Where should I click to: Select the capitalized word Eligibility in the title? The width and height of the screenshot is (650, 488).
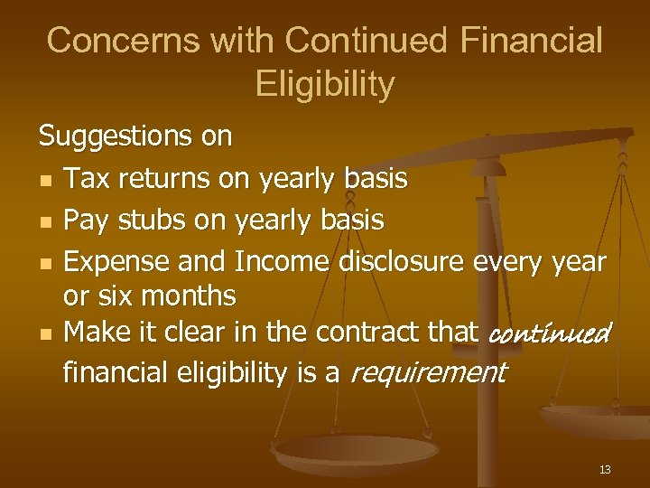[325, 84]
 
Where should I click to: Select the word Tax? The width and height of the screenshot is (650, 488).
[86, 178]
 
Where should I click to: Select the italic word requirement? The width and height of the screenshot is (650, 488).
[428, 371]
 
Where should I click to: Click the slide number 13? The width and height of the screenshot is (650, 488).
[604, 469]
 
